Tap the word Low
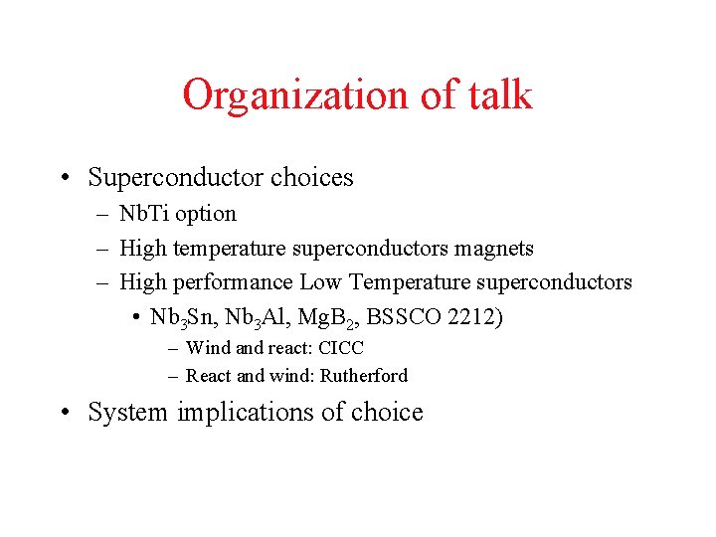coord(320,282)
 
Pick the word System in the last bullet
coord(128,413)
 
